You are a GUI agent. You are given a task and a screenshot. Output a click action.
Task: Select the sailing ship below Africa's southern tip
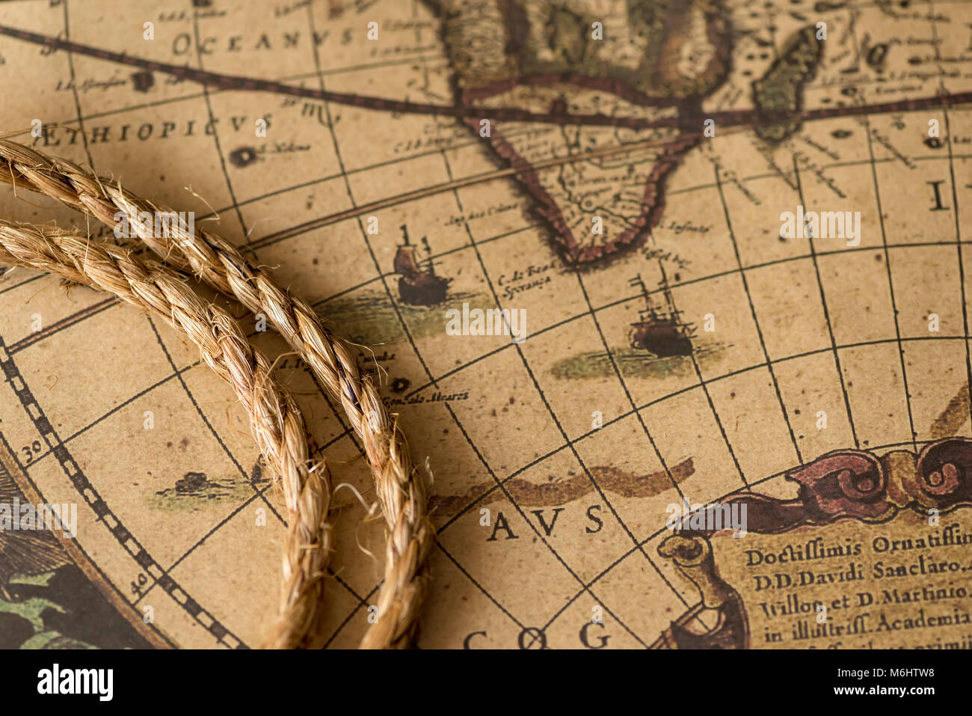pyautogui.click(x=661, y=327)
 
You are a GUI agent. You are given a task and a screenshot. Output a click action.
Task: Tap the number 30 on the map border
pyautogui.click(x=31, y=450)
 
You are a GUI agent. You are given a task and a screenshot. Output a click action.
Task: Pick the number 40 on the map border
pyautogui.click(x=137, y=584)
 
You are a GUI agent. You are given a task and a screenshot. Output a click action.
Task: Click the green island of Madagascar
pyautogui.click(x=785, y=82)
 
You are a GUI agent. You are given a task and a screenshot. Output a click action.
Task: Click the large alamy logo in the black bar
pyautogui.click(x=75, y=682)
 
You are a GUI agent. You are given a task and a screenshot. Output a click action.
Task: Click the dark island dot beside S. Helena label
pyautogui.click(x=243, y=156)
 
